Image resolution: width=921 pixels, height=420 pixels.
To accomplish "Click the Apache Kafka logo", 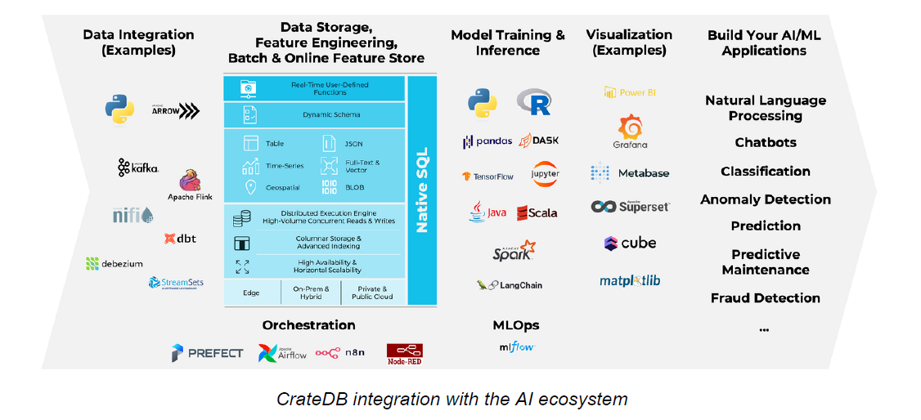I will tap(138, 168).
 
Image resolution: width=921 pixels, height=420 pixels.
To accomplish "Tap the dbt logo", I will tap(180, 239).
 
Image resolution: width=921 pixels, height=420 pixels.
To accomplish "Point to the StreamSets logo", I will tap(176, 283).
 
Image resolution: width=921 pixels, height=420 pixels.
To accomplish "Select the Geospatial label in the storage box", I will tap(283, 187).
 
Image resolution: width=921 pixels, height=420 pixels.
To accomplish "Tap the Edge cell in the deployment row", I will tap(251, 293).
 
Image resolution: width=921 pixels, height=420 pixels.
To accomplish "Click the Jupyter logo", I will tap(545, 174).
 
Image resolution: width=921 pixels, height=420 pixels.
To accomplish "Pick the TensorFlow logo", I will tap(487, 176).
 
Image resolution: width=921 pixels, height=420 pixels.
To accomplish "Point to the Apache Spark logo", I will tap(514, 251).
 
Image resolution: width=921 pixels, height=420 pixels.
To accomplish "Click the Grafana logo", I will tap(630, 131).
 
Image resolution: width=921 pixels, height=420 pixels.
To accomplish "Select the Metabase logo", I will tap(630, 173).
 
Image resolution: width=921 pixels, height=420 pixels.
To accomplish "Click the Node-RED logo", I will tap(404, 353).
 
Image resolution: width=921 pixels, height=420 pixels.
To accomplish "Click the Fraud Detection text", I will tap(765, 298).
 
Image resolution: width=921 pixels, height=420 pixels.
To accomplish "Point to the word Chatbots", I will tap(765, 142).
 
